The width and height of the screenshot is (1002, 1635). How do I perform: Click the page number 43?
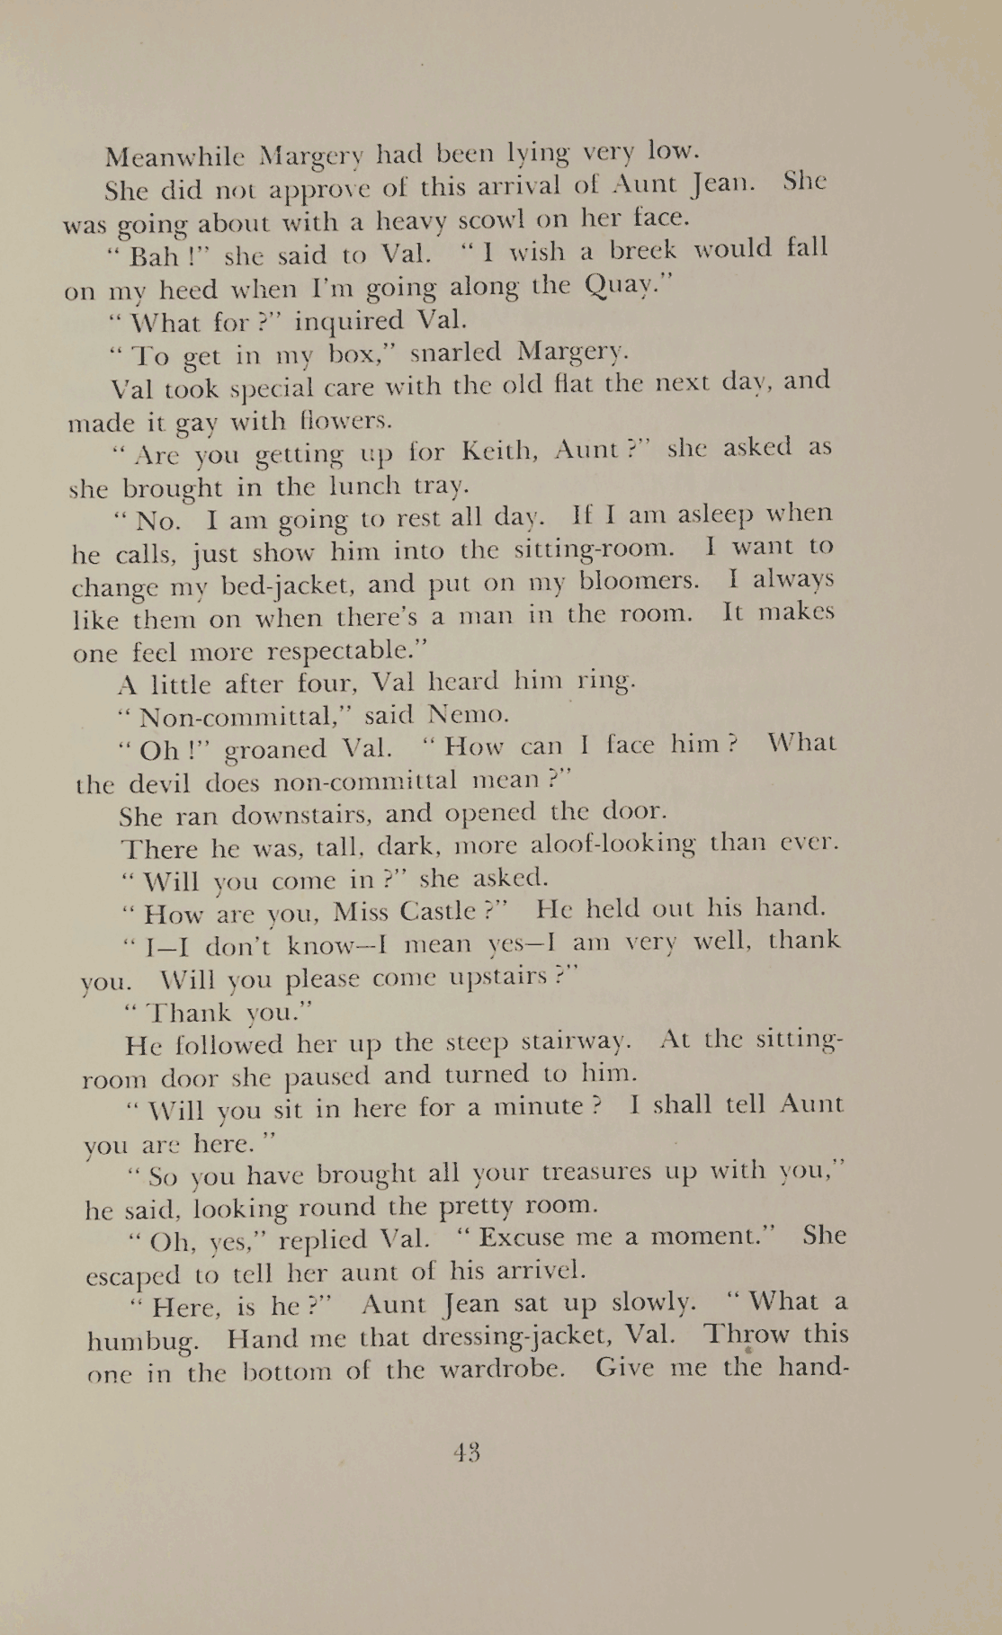coord(468,1452)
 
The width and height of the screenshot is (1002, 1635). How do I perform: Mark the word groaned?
coord(274,748)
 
